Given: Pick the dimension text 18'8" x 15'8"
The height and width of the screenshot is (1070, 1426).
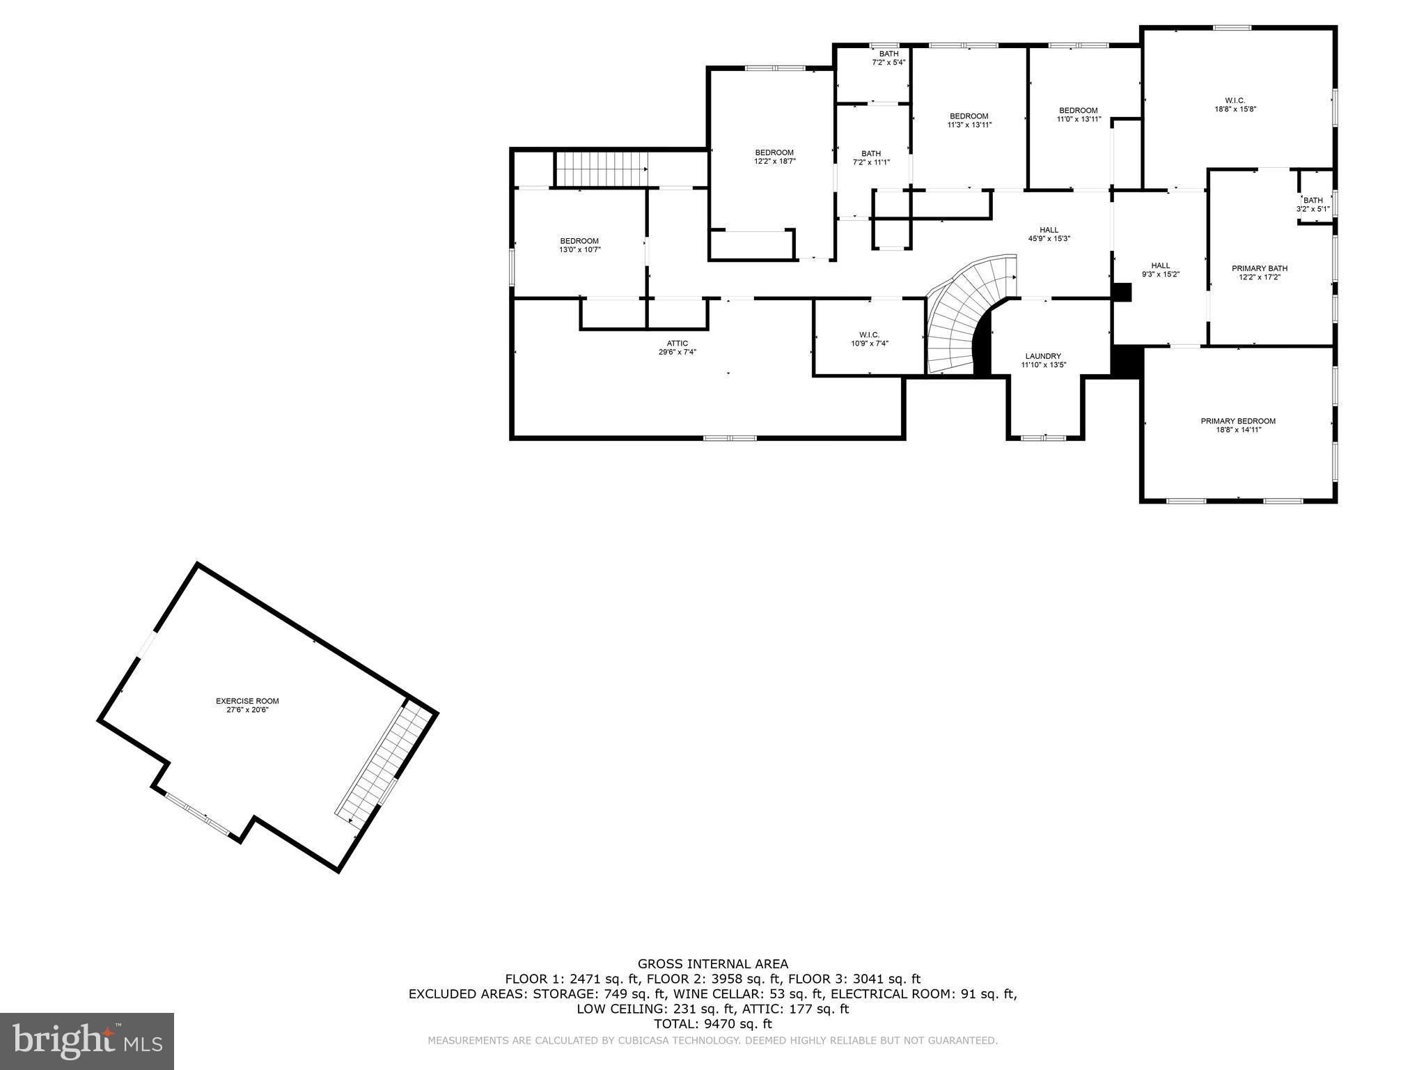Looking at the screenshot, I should click(x=1235, y=109).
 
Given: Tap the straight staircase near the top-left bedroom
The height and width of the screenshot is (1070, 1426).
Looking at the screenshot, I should click(x=601, y=170).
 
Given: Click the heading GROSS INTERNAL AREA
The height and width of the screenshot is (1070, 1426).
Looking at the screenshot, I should click(x=713, y=964).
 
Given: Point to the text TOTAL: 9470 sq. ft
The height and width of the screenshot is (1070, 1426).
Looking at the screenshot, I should click(x=713, y=1024).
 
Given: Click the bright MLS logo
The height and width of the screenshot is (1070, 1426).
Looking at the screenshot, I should click(x=87, y=1041).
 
